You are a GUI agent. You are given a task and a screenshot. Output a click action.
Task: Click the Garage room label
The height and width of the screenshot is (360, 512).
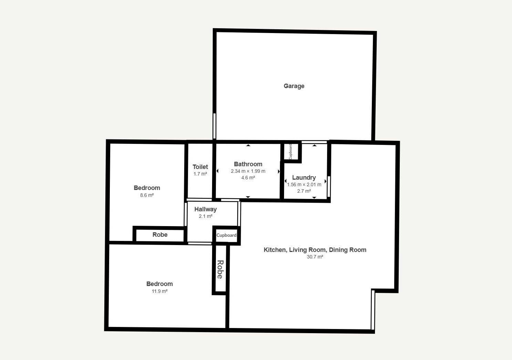click(x=294, y=86)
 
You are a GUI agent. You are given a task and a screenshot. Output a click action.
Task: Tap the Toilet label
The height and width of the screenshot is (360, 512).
click(x=200, y=167)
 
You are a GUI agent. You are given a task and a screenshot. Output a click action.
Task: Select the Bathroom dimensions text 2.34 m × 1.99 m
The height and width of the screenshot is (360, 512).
click(x=248, y=171)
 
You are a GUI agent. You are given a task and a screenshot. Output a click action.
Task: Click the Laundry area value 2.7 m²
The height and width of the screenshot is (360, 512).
click(x=304, y=191)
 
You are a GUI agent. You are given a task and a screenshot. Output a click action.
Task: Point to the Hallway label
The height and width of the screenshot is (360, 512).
click(x=206, y=209)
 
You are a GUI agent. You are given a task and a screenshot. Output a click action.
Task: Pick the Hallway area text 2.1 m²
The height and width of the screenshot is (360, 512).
click(x=206, y=216)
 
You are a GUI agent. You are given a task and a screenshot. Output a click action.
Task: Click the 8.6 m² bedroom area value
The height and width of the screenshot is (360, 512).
click(x=147, y=195)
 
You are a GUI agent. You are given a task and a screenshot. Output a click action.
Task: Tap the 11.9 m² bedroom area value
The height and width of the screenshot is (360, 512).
click(x=159, y=291)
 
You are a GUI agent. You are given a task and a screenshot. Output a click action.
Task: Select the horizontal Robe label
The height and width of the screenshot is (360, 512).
click(x=160, y=235)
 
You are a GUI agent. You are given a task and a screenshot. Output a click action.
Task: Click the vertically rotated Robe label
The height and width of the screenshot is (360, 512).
click(x=220, y=269)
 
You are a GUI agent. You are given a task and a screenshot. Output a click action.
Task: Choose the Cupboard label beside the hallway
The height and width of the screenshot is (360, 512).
click(x=226, y=235)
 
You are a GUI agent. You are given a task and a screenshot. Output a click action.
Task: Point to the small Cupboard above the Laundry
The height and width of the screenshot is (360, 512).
click(x=290, y=151)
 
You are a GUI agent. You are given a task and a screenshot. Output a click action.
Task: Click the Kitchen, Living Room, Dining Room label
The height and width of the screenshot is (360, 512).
click(x=315, y=250)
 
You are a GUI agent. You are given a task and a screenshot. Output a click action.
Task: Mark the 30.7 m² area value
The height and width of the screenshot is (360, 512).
click(x=315, y=257)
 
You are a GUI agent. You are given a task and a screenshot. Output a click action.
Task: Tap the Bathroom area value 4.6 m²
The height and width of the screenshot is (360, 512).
click(x=248, y=178)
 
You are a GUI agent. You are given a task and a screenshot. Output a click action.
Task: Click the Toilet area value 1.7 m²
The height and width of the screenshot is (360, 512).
click(x=200, y=174)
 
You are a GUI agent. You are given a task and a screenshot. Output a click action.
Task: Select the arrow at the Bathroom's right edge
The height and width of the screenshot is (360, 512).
click(x=279, y=171)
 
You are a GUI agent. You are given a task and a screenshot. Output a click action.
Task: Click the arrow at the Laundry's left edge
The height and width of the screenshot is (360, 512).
click(x=285, y=181)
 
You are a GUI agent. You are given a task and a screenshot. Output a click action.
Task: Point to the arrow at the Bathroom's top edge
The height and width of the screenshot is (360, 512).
click(x=248, y=145)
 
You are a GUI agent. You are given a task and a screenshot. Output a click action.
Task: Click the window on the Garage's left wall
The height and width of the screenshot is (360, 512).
click(x=215, y=126)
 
